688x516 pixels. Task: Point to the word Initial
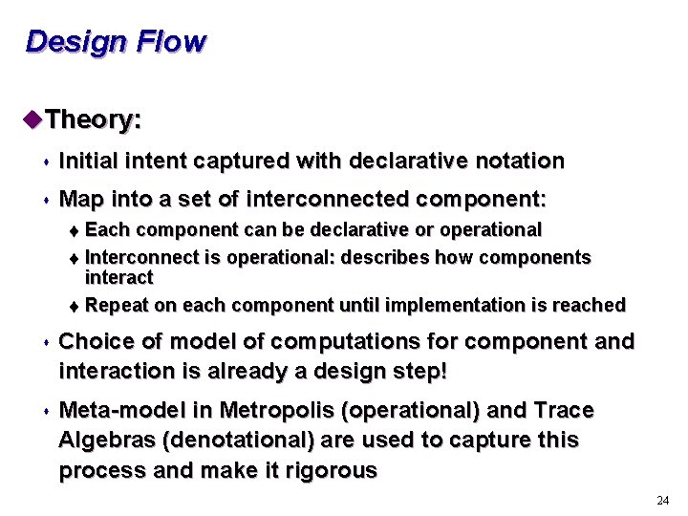[88, 161]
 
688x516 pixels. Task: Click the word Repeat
[114, 306]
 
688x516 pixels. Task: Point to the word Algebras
[104, 440]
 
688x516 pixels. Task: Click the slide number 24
[663, 501]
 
